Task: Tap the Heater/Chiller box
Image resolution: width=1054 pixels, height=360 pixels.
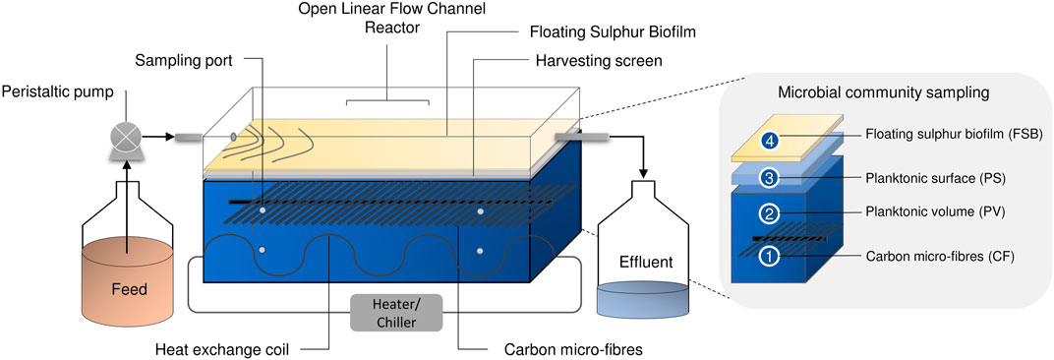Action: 395,314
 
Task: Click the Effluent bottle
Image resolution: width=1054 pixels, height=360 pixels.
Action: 645,266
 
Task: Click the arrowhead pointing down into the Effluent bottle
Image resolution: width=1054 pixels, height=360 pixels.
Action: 645,176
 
